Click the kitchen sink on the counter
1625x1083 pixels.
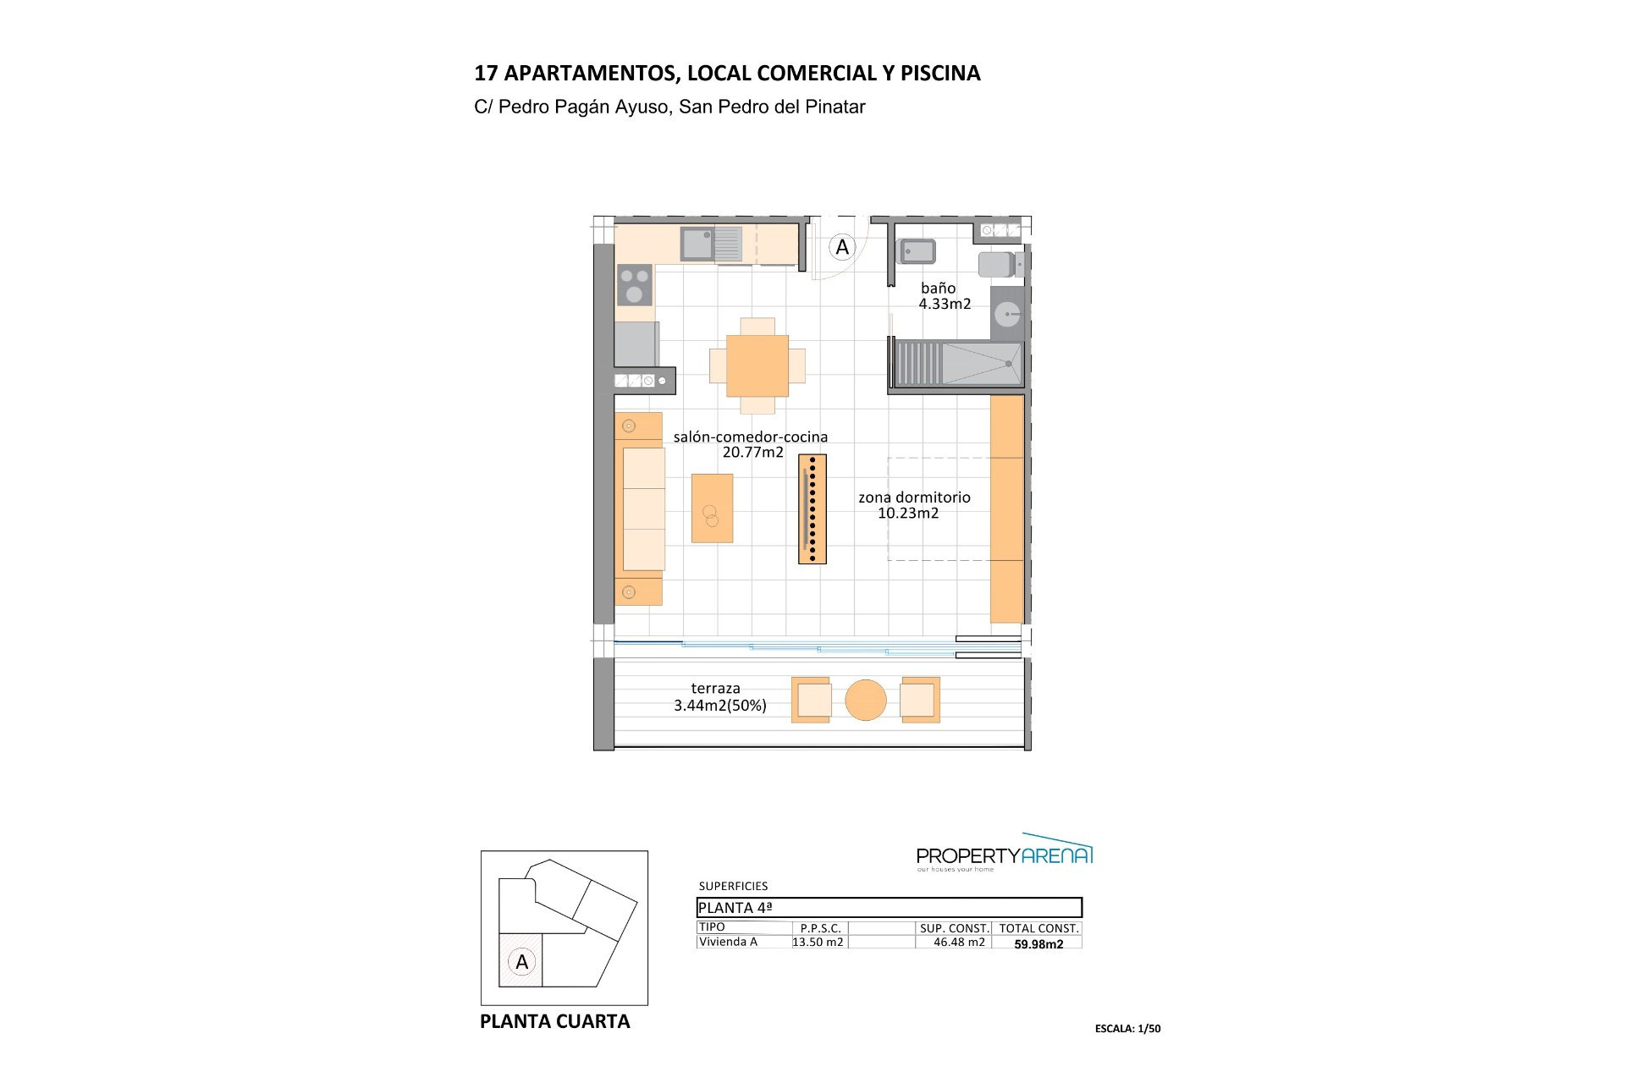(x=711, y=244)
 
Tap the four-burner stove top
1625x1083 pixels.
(x=635, y=285)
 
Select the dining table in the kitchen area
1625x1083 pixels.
(x=757, y=366)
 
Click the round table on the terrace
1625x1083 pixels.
(x=866, y=700)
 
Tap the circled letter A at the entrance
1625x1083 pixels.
(x=842, y=247)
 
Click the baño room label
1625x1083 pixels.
(x=939, y=289)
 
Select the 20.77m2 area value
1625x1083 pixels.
(x=753, y=453)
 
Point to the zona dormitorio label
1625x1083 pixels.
(x=914, y=498)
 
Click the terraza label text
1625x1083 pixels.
(x=715, y=689)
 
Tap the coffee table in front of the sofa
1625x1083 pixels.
(x=713, y=508)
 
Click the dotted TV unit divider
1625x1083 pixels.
(x=812, y=509)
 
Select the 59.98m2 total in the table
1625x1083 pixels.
(x=1038, y=944)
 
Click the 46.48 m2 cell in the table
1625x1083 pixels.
(x=960, y=942)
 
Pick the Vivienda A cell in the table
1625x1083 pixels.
(x=728, y=942)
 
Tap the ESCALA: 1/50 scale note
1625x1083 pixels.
(x=1127, y=1029)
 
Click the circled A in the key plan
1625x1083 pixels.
(x=521, y=962)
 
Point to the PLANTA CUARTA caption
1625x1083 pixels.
(x=555, y=1021)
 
